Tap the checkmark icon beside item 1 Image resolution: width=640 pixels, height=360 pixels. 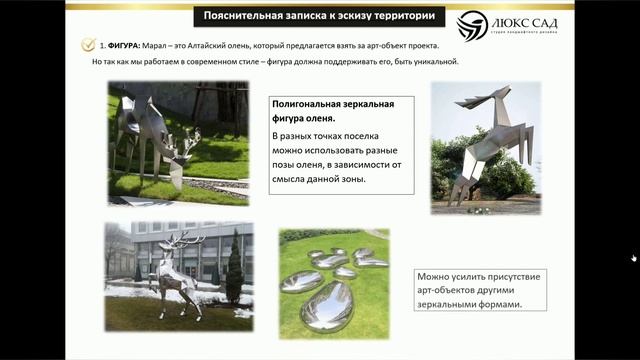89,45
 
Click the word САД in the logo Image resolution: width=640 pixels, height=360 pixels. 541,21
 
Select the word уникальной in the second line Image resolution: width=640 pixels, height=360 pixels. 430,62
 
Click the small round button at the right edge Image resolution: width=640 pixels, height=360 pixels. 633,258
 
